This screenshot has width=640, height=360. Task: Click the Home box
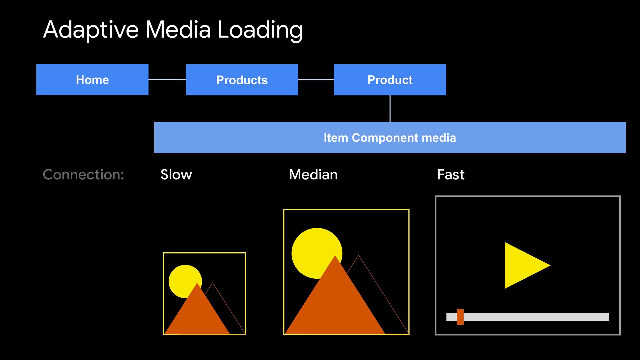(92, 79)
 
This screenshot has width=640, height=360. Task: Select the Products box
(242, 80)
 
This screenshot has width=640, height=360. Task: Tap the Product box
(390, 80)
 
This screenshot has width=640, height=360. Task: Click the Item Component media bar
(390, 138)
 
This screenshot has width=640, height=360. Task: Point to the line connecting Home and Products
(167, 80)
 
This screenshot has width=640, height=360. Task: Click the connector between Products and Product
(316, 80)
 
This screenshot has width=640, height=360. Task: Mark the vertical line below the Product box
(390, 109)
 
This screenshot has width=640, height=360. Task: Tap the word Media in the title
(178, 29)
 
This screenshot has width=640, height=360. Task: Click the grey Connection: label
(83, 174)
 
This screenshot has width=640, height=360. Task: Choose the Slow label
(176, 174)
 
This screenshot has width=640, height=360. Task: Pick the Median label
(313, 174)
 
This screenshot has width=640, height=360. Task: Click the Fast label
(451, 174)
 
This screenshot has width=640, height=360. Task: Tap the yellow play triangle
(523, 265)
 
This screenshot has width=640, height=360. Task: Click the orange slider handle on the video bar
(460, 317)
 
